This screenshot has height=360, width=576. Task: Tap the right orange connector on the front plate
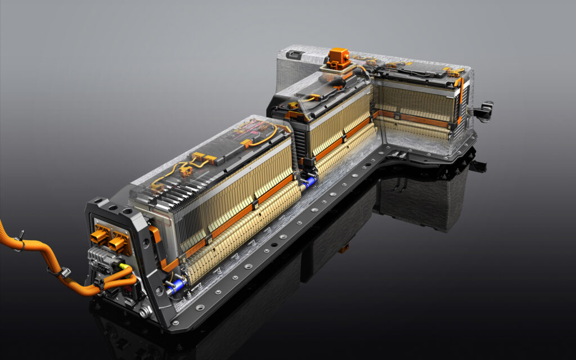pyautogui.click(x=119, y=243)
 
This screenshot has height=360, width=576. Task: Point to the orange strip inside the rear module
pyautogui.click(x=413, y=119)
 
